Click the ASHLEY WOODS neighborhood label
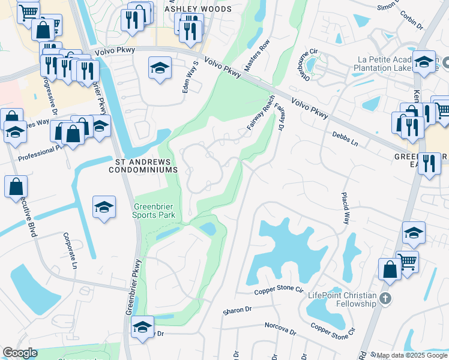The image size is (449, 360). pyautogui.click(x=197, y=10)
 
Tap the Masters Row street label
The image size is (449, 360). pyautogui.click(x=264, y=55)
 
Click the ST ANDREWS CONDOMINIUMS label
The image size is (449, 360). pyautogui.click(x=143, y=166)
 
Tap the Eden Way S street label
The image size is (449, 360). pyautogui.click(x=190, y=77)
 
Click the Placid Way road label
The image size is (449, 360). pyautogui.click(x=346, y=209)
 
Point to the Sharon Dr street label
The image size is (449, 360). pyautogui.click(x=237, y=310)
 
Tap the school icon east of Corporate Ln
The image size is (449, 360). pyautogui.click(x=104, y=208)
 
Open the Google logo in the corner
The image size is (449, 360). pyautogui.click(x=20, y=352)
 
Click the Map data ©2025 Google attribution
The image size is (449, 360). pyautogui.click(x=412, y=355)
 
